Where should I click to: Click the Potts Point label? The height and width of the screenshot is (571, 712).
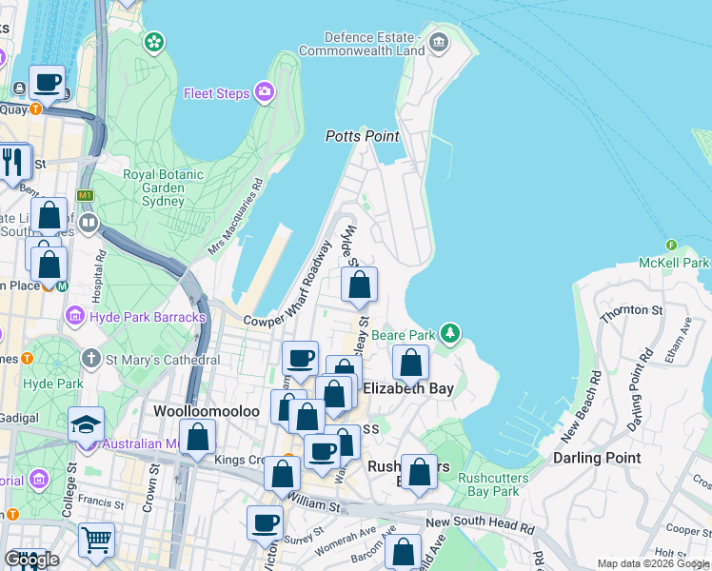363,136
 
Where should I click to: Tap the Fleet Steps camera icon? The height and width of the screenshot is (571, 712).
264,92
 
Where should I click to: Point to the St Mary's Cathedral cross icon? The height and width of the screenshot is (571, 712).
90,360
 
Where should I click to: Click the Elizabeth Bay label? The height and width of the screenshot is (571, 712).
407,388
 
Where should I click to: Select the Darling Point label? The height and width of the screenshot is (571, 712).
597,458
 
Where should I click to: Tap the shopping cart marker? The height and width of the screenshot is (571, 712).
96,541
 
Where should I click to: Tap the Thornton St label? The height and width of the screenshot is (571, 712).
629,310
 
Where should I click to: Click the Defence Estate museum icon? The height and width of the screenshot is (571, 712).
438,41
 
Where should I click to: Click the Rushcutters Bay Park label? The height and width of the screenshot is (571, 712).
488,484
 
